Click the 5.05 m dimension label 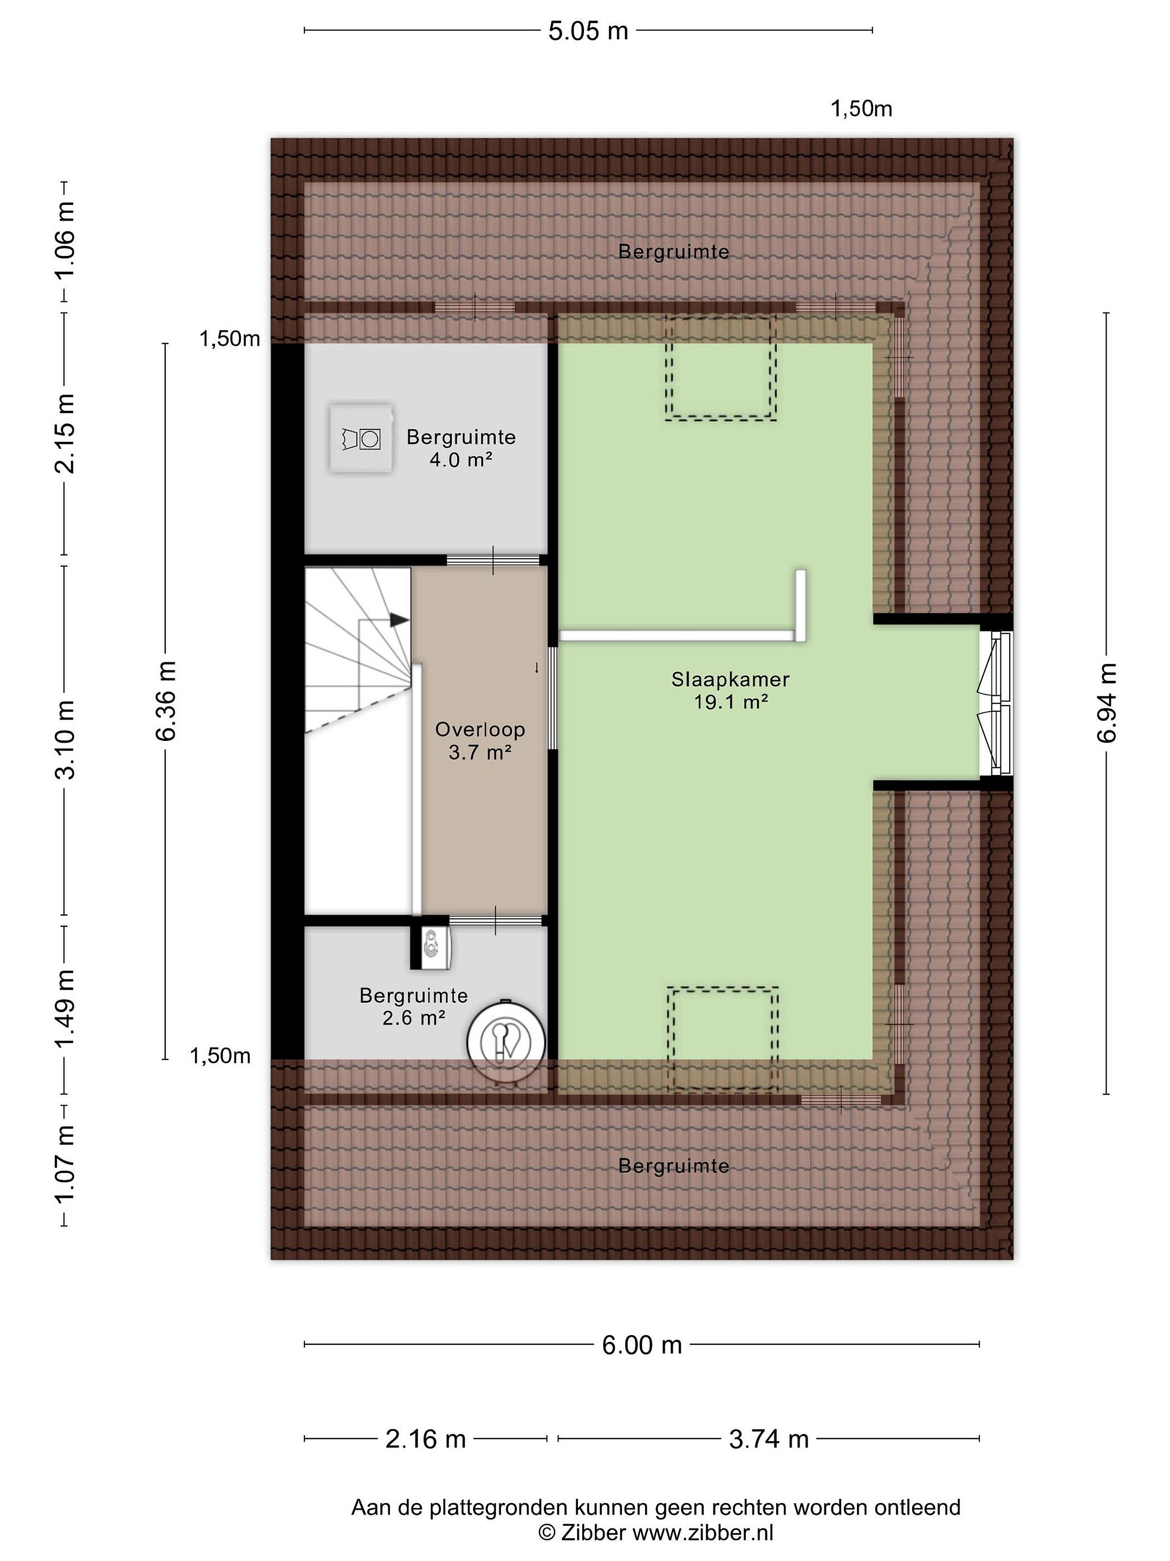click(588, 31)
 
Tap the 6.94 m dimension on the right click(1107, 703)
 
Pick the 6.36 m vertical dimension click(166, 701)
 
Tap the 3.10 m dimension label click(65, 739)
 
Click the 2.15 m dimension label click(65, 433)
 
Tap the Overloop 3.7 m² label click(479, 740)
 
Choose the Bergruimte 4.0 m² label click(461, 448)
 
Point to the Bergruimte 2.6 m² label click(413, 1007)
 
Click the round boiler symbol click(506, 1042)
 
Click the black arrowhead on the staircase click(399, 620)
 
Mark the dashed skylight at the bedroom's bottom click(724, 1039)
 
